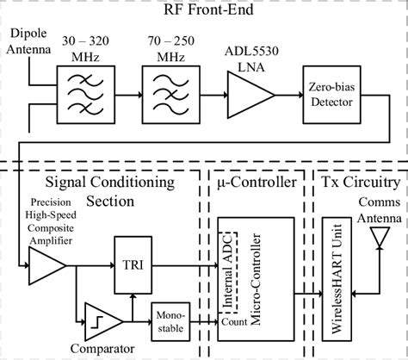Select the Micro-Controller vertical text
(x=250, y=276)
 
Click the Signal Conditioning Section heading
(x=110, y=191)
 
